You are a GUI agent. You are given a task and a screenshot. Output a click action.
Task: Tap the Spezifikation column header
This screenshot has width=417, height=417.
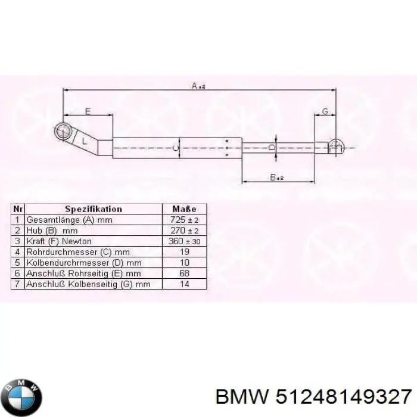coord(93,209)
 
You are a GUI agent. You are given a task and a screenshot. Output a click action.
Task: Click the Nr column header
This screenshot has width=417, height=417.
coord(18,209)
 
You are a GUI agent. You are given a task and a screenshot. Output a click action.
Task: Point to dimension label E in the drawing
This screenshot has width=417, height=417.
coord(87,111)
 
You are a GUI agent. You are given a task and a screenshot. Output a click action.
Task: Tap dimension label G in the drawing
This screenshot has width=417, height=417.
coord(325,111)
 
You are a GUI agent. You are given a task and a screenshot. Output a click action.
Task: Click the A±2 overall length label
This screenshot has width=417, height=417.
coord(198,86)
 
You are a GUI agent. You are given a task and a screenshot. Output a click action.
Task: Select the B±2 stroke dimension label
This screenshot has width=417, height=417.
coord(276,177)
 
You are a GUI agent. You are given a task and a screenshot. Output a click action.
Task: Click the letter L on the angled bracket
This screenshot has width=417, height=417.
coord(84,141)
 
